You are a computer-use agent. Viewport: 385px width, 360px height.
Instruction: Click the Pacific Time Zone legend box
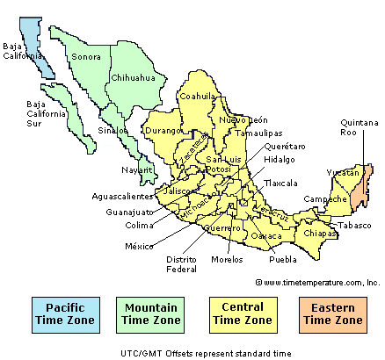pos(65,314)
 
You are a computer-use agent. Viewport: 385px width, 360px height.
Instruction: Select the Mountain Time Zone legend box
pos(149,314)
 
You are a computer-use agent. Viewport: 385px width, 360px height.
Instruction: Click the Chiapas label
pos(321,234)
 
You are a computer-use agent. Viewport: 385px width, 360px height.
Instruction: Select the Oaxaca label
pos(266,236)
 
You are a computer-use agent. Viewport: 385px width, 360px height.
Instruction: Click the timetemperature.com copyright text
pos(317,283)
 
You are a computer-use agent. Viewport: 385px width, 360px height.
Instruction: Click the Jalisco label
pos(178,190)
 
